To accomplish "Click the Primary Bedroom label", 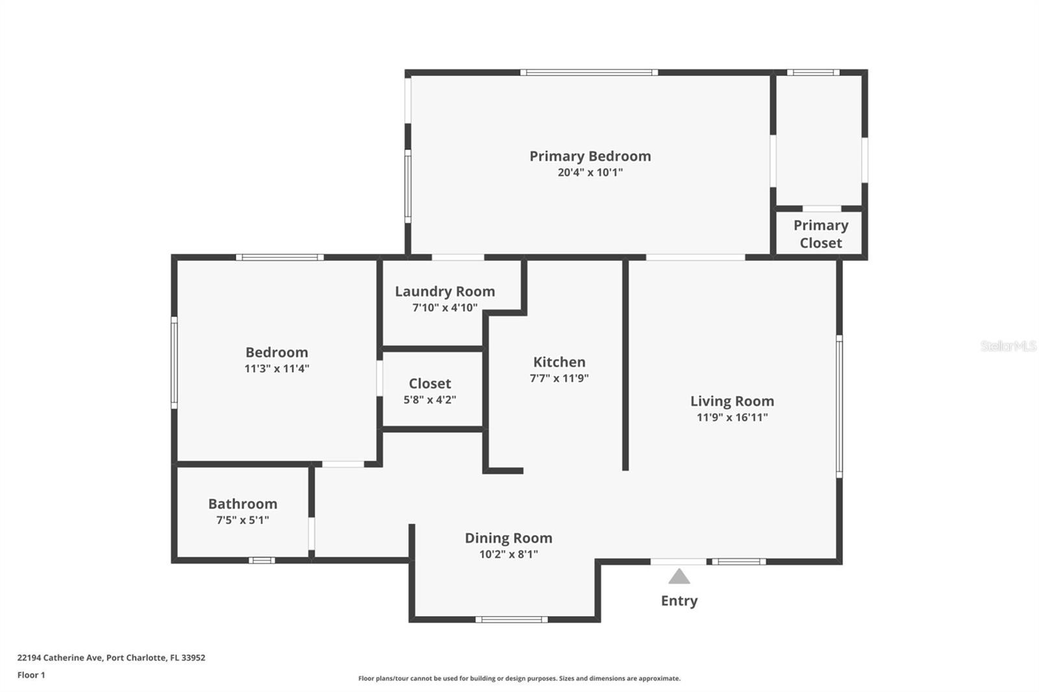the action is click(x=590, y=156).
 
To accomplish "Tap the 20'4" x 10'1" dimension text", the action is click(x=590, y=173).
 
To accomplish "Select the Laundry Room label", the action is click(x=445, y=291).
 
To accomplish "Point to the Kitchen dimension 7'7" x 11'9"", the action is click(x=559, y=378).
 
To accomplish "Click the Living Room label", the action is click(x=732, y=401).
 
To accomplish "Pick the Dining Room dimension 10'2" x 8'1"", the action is click(x=508, y=554).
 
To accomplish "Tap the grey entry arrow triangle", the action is click(x=679, y=576).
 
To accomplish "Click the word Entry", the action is click(x=679, y=600).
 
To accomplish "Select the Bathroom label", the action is click(x=243, y=504).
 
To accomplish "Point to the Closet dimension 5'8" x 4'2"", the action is click(x=429, y=400).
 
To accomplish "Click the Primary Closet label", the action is click(x=821, y=234).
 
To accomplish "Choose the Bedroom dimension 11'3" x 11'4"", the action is click(x=277, y=369).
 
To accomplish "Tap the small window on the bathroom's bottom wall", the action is click(x=262, y=560).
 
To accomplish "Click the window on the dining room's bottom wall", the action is click(x=511, y=620).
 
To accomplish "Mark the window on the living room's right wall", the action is click(x=839, y=406).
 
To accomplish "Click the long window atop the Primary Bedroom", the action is click(x=589, y=72).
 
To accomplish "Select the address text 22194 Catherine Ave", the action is click(x=59, y=658).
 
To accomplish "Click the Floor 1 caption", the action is click(x=31, y=675).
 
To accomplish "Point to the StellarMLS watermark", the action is click(x=1008, y=346).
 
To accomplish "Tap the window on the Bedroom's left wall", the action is click(x=175, y=363).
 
